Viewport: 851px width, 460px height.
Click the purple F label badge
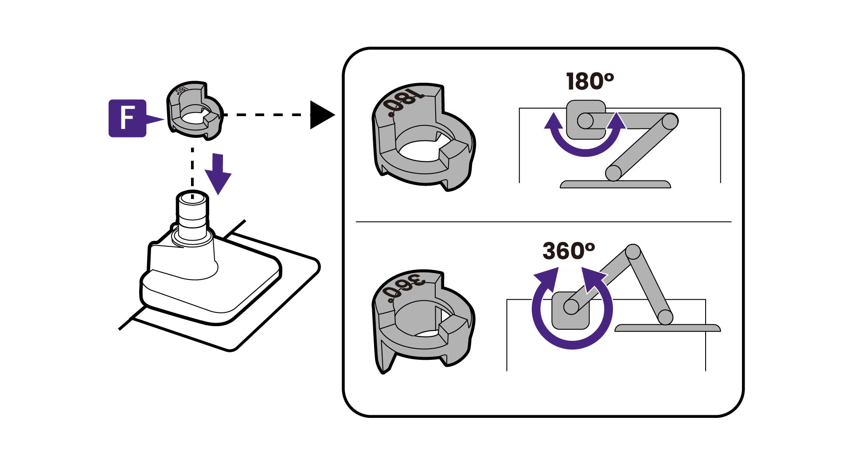[127, 118]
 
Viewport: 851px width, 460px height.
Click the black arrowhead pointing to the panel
[321, 115]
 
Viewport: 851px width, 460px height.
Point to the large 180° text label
[589, 82]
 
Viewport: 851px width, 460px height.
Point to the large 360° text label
[569, 251]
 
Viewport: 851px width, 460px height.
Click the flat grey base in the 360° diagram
[667, 328]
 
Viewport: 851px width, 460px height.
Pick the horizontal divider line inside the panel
[543, 221]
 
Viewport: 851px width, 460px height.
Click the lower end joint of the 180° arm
[613, 172]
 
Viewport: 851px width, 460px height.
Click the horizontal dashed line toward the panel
[266, 115]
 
